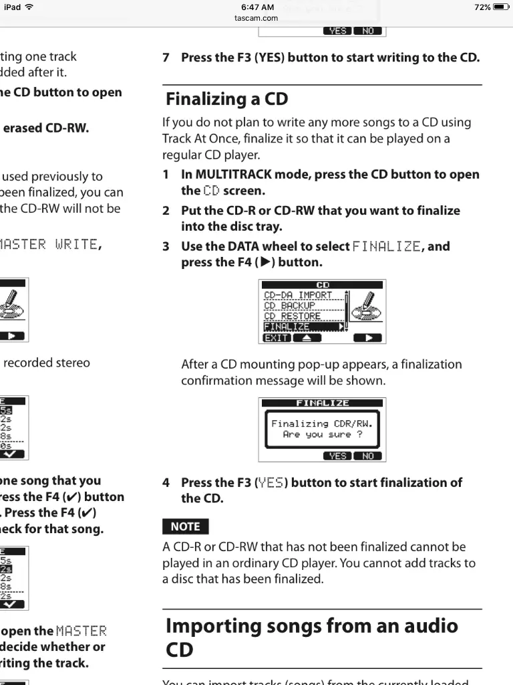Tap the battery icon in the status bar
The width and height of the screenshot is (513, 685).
(501, 7)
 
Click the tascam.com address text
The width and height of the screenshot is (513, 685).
(256, 18)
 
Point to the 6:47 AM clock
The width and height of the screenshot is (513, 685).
(256, 7)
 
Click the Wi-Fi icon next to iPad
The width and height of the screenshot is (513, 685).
(29, 7)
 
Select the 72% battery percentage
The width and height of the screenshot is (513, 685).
(482, 7)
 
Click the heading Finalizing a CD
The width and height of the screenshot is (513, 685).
(226, 99)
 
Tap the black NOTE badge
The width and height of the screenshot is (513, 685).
(185, 526)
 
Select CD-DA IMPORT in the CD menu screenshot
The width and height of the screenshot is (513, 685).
(297, 295)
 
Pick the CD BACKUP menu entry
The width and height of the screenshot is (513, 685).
(289, 306)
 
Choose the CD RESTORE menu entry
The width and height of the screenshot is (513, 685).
(292, 316)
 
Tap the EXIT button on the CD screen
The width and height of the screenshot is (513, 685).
(276, 338)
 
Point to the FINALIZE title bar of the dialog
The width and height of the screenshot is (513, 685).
(322, 403)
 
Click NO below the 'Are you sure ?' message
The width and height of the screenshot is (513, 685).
(367, 456)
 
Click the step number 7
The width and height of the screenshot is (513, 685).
(166, 58)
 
